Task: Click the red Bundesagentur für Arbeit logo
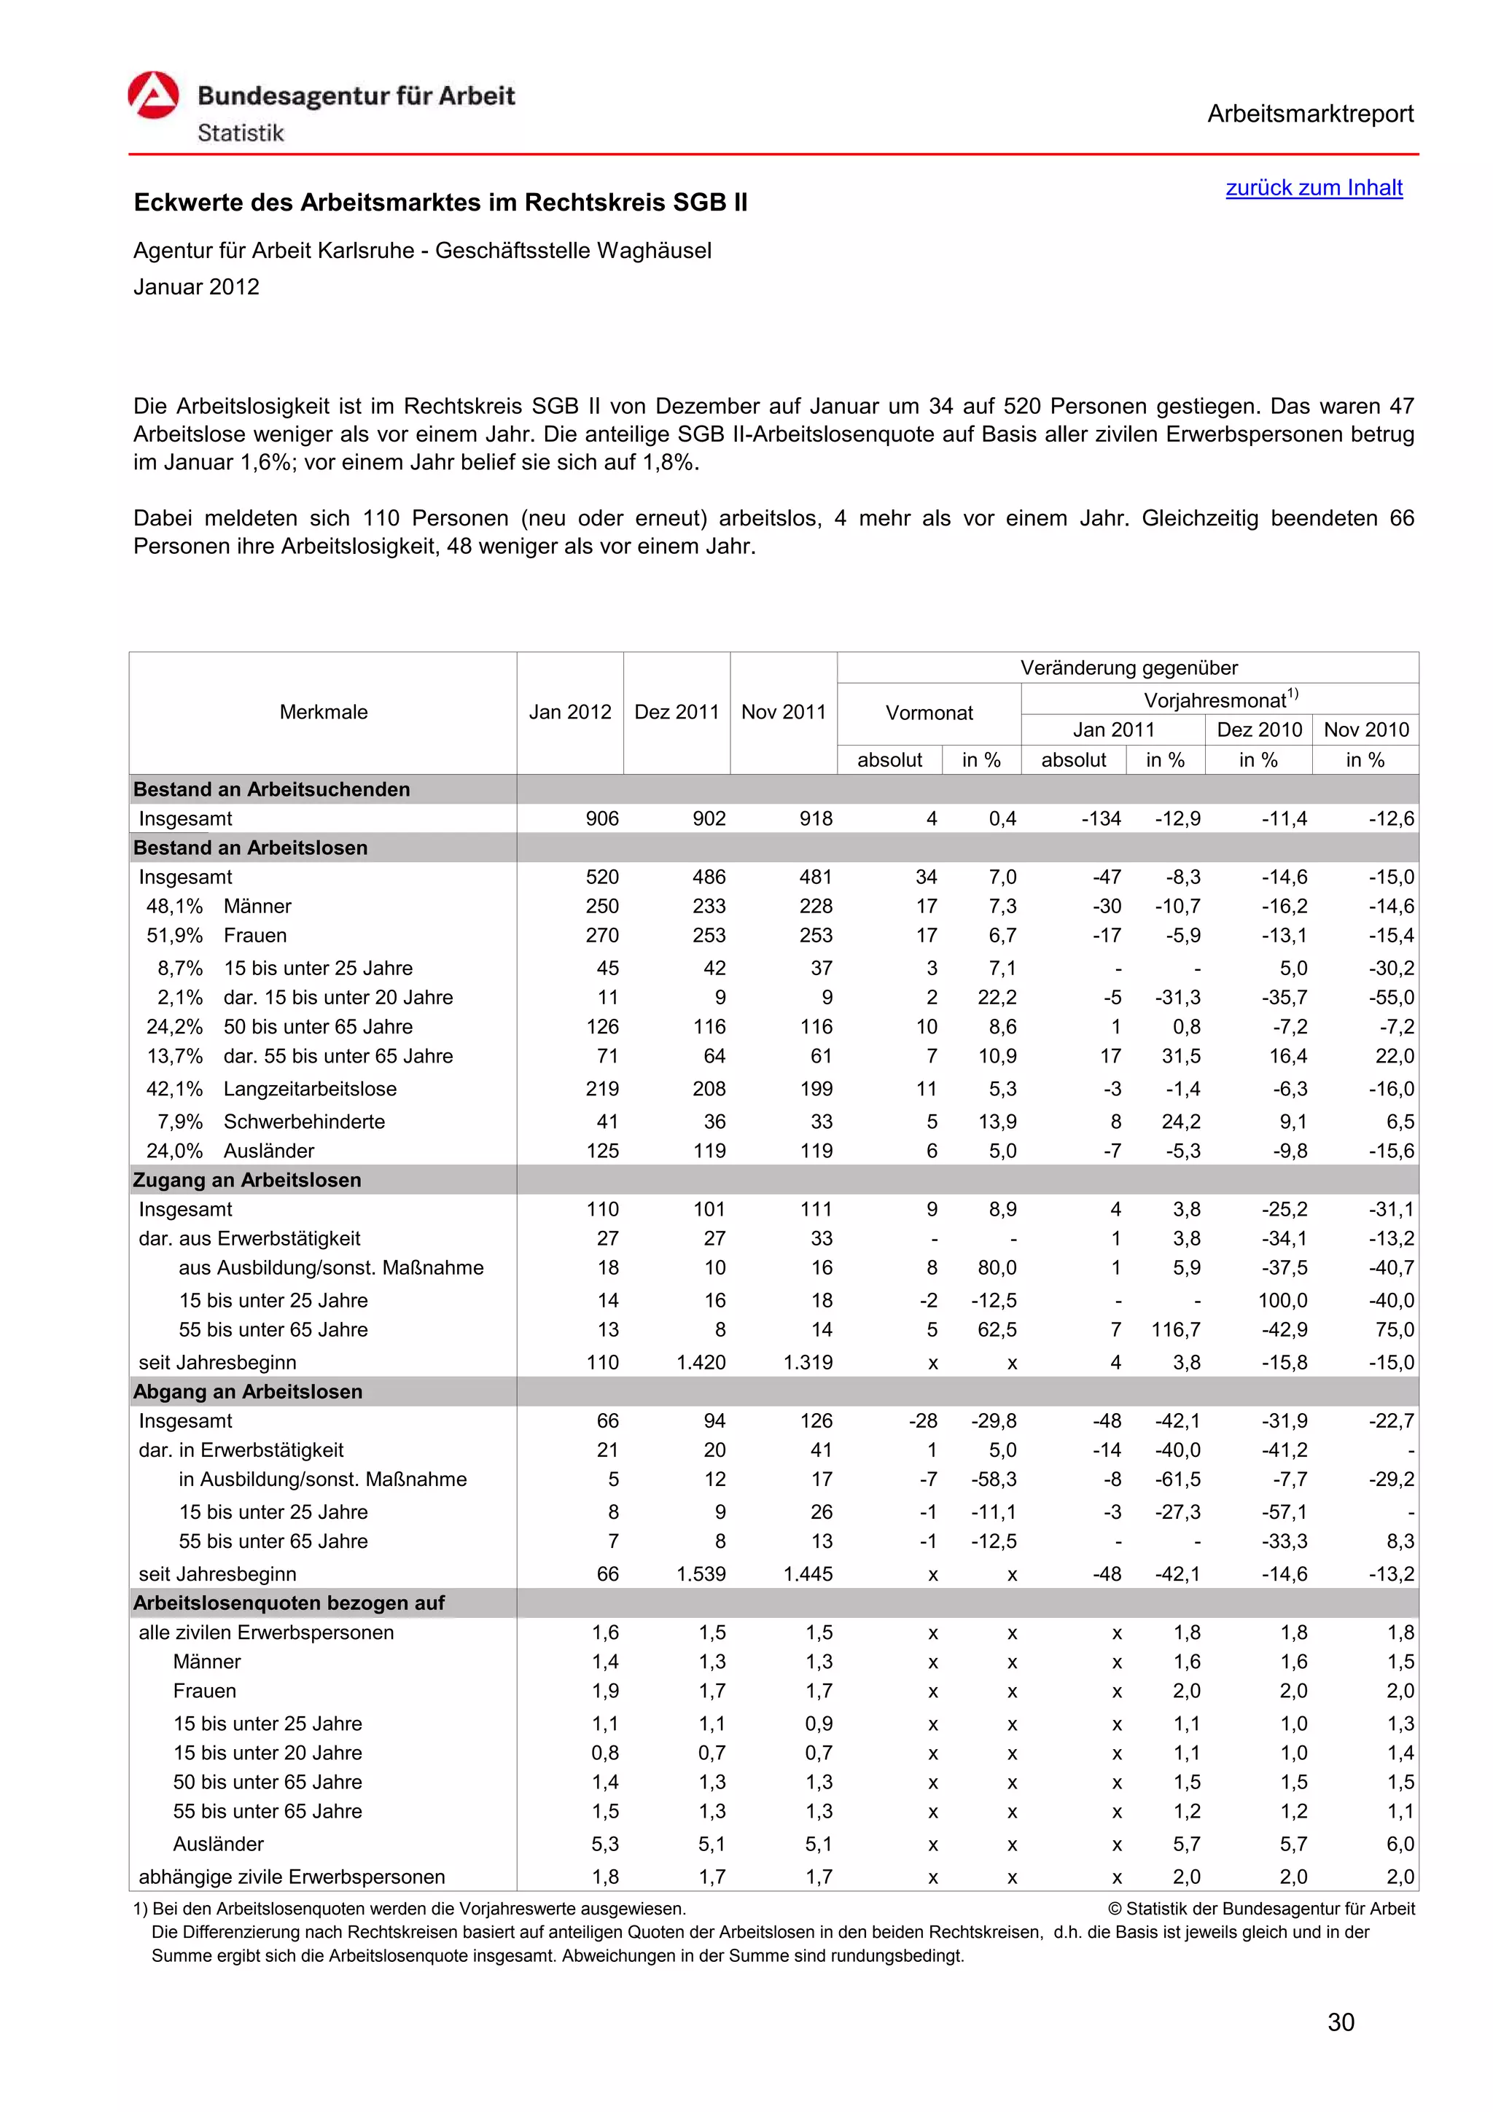pyautogui.click(x=152, y=95)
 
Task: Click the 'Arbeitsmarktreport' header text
pyautogui.click(x=1309, y=114)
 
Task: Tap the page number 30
pyautogui.click(x=1341, y=2022)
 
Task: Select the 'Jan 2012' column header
pyautogui.click(x=569, y=712)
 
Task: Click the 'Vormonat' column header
pyautogui.click(x=928, y=713)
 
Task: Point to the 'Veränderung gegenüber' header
pyautogui.click(x=1128, y=668)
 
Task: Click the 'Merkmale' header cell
pyautogui.click(x=323, y=712)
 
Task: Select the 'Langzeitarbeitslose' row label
pyautogui.click(x=310, y=1089)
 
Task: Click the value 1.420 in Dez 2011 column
pyautogui.click(x=701, y=1362)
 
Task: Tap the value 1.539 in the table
pyautogui.click(x=701, y=1574)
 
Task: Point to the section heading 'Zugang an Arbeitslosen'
pyautogui.click(x=246, y=1180)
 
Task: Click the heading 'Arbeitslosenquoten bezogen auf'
pyautogui.click(x=289, y=1603)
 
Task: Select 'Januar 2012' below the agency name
pyautogui.click(x=196, y=287)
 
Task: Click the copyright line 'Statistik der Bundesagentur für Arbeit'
pyautogui.click(x=1261, y=1909)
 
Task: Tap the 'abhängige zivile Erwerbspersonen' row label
pyautogui.click(x=292, y=1877)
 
